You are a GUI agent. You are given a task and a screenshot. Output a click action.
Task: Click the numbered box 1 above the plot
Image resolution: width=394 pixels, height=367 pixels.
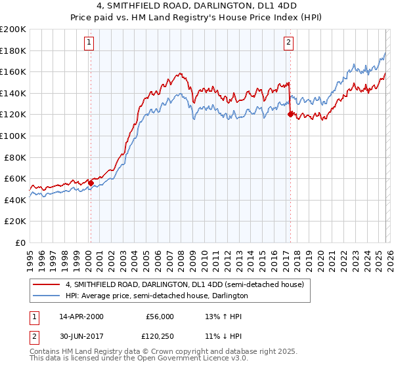[89, 43]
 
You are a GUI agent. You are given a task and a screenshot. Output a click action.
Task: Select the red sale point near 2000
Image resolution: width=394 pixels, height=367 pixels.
[91, 183]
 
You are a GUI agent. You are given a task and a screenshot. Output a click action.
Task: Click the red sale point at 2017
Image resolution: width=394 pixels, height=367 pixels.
[290, 114]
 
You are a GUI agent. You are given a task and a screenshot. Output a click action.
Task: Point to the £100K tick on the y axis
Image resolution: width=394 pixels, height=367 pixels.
[14, 136]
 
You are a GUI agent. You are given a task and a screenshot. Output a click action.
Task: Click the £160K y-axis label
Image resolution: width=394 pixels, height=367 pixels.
[14, 71]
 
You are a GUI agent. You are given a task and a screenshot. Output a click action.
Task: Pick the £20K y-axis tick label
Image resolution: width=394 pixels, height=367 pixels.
[16, 222]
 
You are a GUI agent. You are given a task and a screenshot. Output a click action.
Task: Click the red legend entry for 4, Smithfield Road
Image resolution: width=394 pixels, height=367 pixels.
[184, 285]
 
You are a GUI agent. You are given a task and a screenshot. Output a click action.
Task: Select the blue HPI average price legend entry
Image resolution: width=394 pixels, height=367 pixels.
[156, 296]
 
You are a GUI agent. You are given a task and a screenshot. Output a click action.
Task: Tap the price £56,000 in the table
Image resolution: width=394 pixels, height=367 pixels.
[160, 317]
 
